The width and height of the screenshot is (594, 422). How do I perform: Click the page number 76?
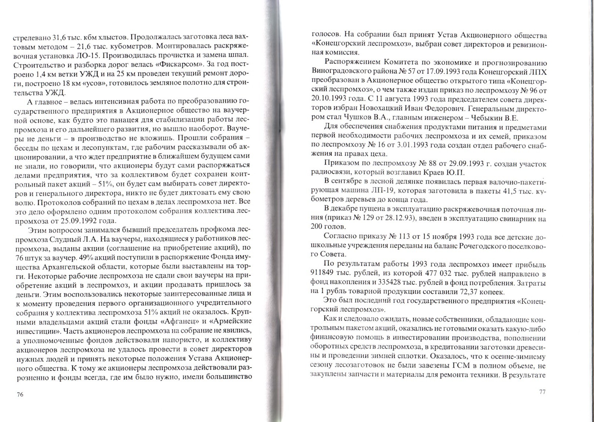[x=20, y=394]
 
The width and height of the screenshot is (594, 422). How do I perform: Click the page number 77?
[x=542, y=392]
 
